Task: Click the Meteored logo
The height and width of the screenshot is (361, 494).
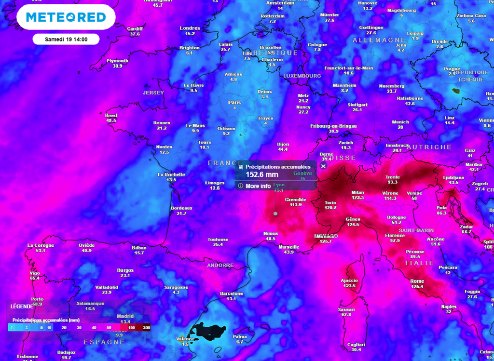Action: tap(66, 17)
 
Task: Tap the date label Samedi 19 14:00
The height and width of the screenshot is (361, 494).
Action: tap(66, 39)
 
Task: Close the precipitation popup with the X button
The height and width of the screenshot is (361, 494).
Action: tap(323, 166)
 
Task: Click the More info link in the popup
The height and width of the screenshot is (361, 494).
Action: tap(258, 186)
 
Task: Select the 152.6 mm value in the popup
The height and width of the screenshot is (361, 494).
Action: tap(262, 174)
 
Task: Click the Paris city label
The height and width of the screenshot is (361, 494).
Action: tap(234, 102)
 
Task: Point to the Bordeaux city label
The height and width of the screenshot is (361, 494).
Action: tap(181, 208)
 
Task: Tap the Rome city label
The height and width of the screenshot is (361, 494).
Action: tap(417, 281)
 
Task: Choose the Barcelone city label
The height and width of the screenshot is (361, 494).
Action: tap(232, 294)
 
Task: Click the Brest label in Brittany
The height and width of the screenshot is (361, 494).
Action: tap(111, 115)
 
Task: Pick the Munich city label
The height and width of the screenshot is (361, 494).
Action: tap(400, 122)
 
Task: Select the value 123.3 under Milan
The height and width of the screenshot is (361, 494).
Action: tap(357, 198)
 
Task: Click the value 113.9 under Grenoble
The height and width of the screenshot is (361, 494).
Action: tap(296, 204)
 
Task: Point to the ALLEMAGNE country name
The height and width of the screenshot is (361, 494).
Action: tap(379, 40)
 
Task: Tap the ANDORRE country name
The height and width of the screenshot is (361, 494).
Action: tap(220, 265)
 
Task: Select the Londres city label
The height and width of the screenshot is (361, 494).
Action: tap(190, 28)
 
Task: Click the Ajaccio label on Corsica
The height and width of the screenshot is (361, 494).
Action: tap(349, 280)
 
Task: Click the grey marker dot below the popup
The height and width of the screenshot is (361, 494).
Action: tap(275, 213)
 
